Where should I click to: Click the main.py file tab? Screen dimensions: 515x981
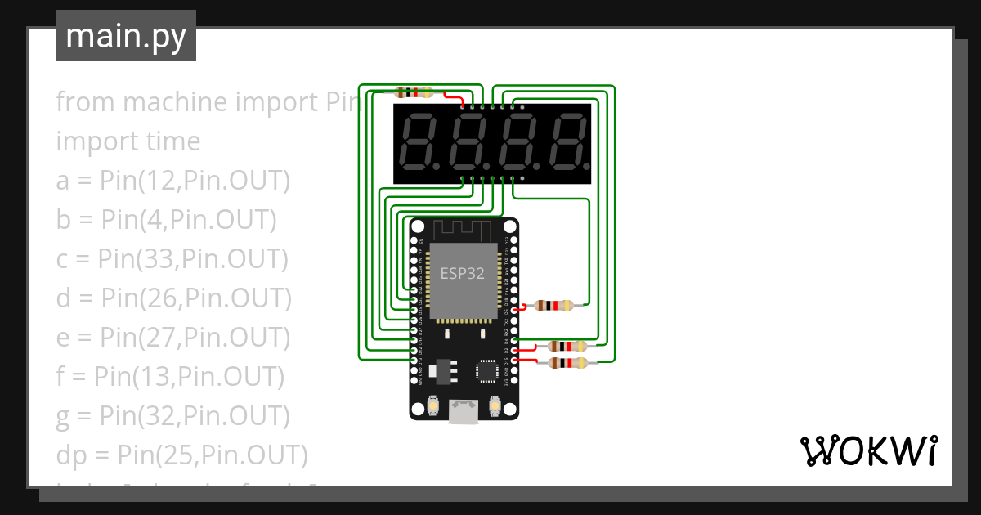point(126,36)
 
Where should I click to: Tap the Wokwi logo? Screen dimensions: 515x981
point(867,450)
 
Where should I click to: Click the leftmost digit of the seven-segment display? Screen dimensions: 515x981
point(418,141)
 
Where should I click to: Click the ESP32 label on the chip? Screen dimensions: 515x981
point(463,274)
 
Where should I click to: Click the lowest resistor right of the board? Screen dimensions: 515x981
point(567,363)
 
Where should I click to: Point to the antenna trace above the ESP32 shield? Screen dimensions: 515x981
point(463,229)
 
